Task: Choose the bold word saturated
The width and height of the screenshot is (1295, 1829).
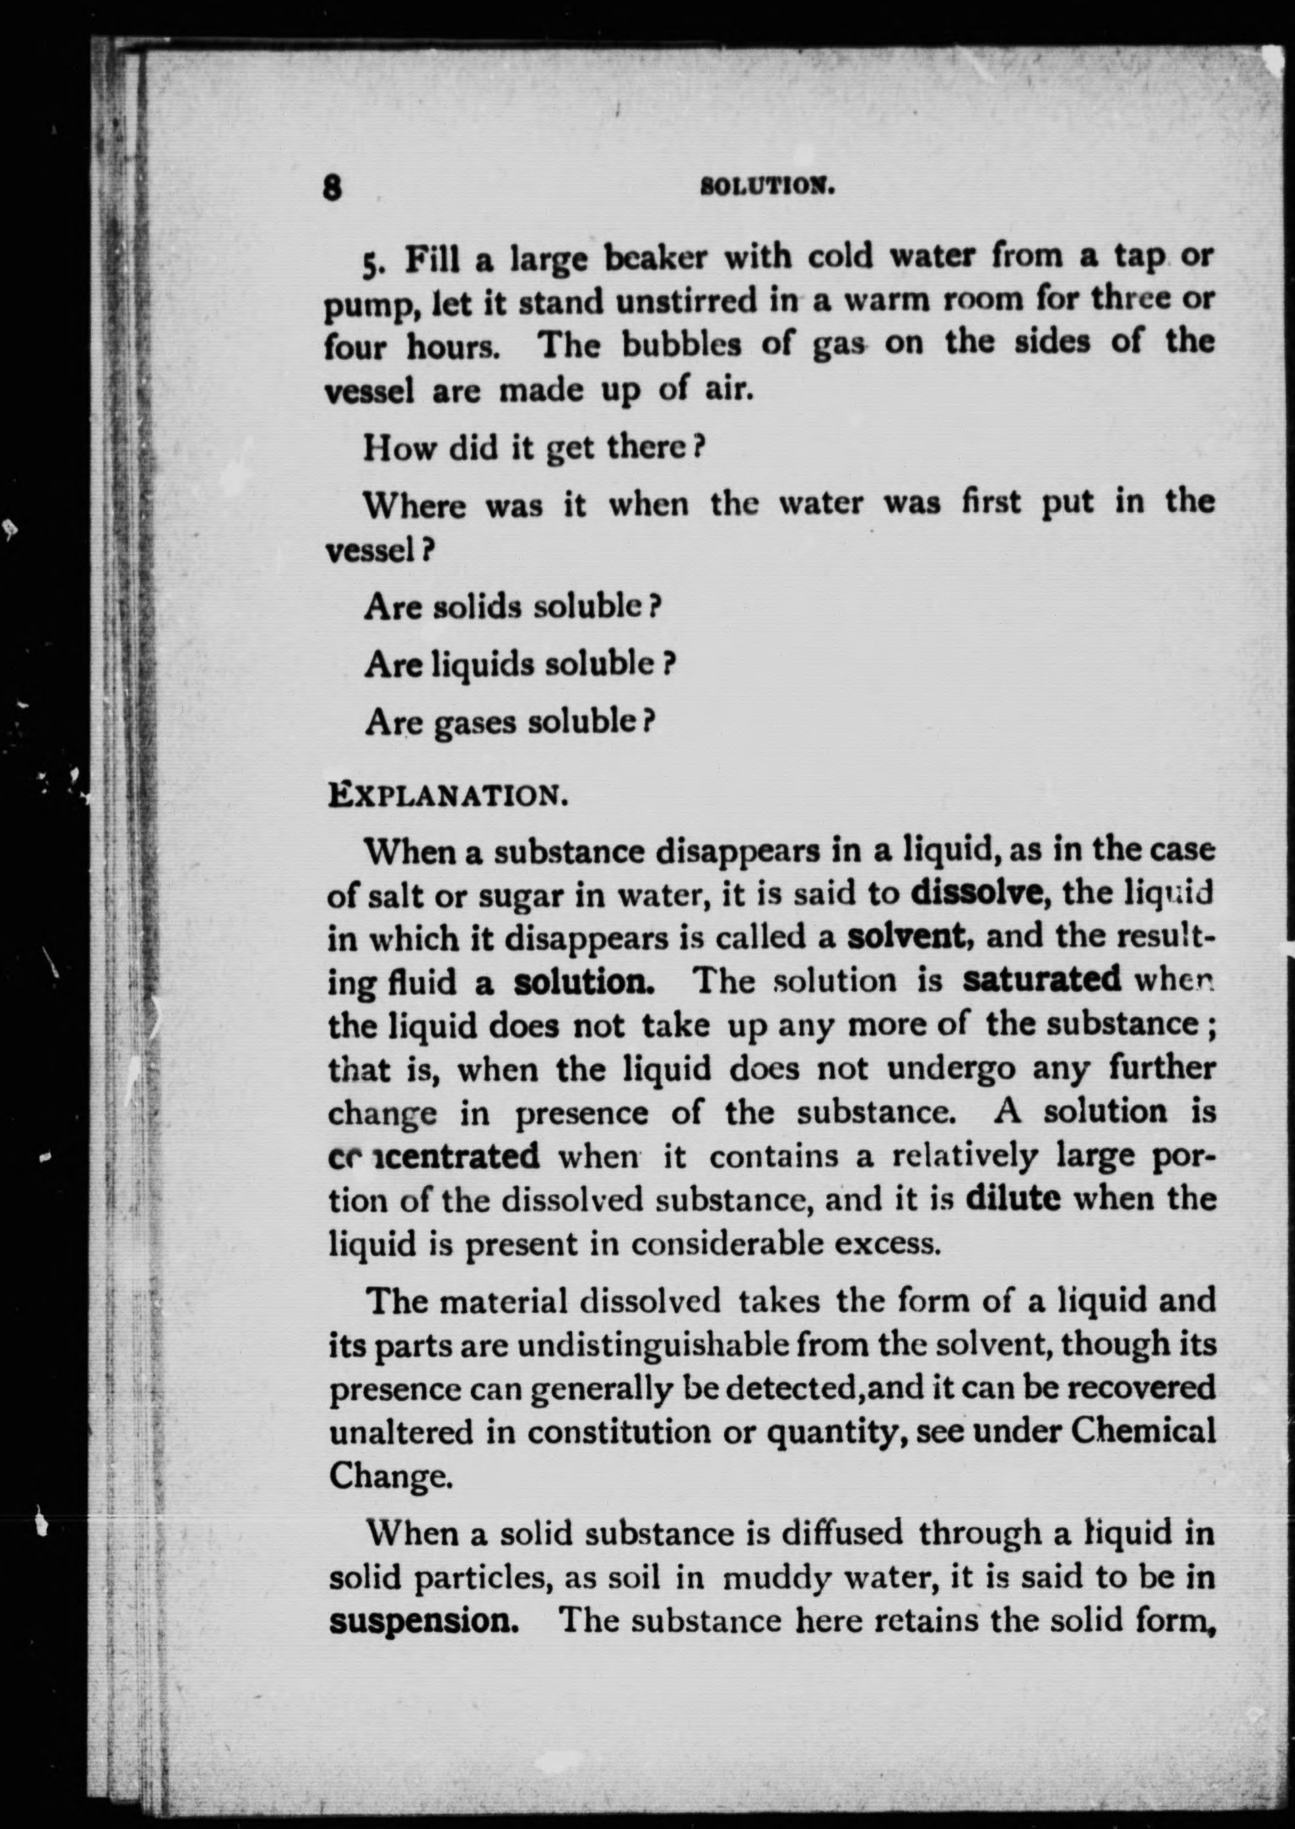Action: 1042,979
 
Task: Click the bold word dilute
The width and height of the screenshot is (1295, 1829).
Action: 1013,1199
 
